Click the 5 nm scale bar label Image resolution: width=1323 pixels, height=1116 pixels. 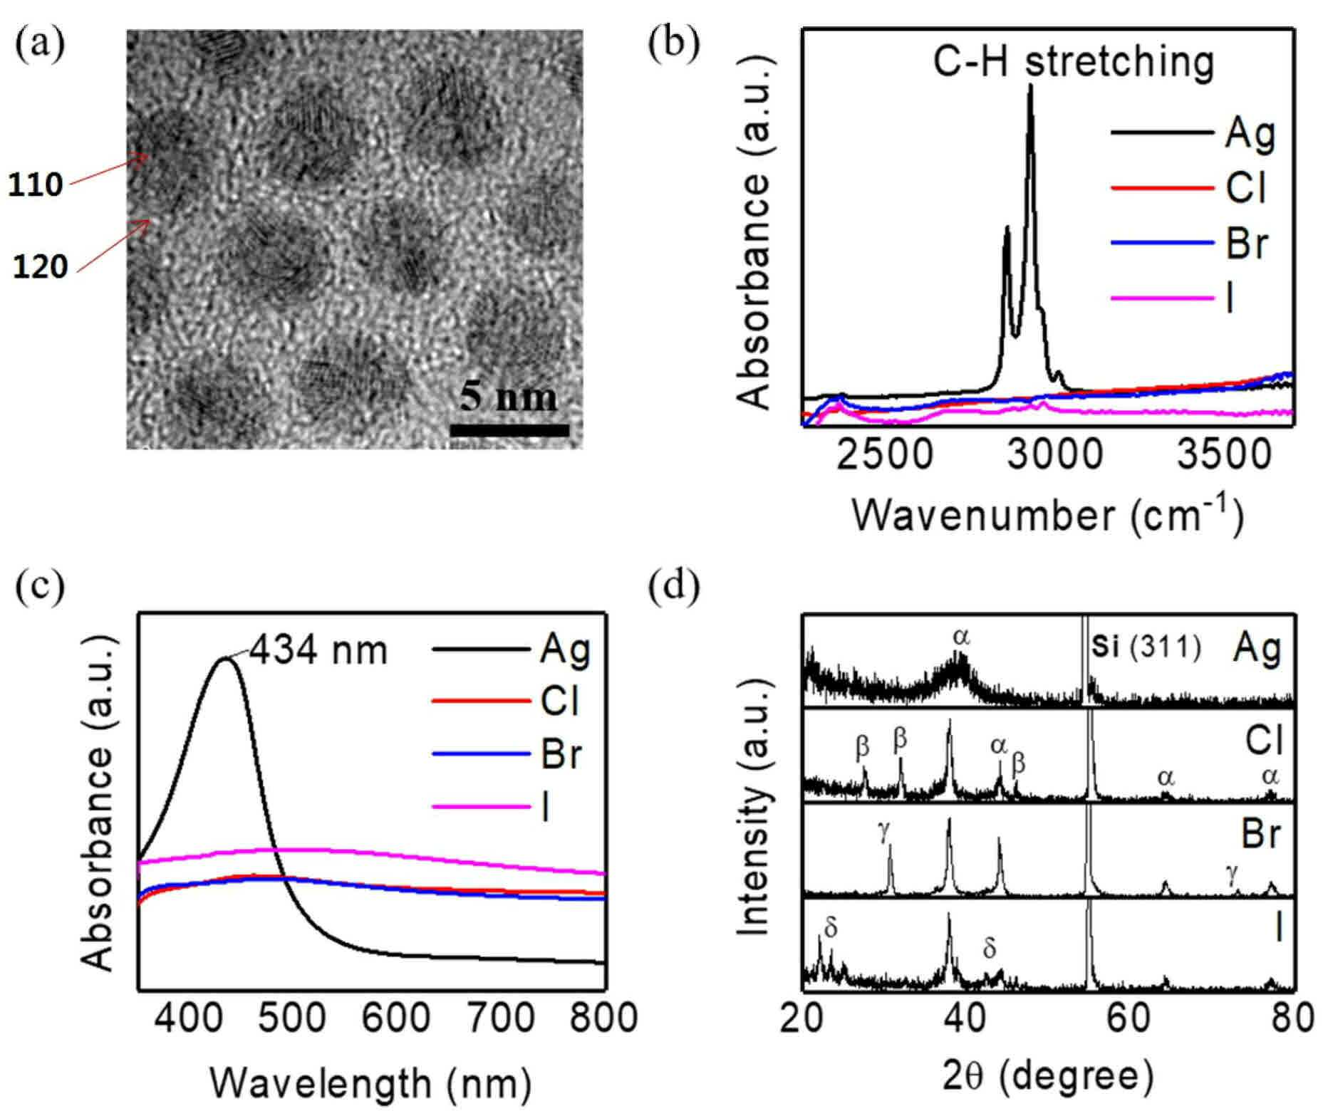(508, 396)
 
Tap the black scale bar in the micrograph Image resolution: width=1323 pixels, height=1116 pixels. (509, 430)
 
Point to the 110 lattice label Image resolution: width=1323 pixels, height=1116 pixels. (36, 185)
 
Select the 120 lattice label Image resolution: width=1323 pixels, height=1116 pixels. (41, 267)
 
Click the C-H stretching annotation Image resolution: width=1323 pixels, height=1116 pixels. (1074, 63)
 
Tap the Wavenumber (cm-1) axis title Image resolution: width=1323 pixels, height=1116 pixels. (1048, 514)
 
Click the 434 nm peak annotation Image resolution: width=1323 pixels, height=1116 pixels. (318, 651)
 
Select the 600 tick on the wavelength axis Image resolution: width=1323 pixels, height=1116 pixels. (395, 1018)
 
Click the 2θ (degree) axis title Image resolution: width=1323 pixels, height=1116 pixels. (1048, 1078)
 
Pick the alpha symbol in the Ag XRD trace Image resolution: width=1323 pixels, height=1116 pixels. (961, 637)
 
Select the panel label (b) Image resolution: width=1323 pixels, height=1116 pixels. (673, 43)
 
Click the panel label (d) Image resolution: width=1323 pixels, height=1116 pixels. (673, 585)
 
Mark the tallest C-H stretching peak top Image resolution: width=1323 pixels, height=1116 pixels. (1030, 85)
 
